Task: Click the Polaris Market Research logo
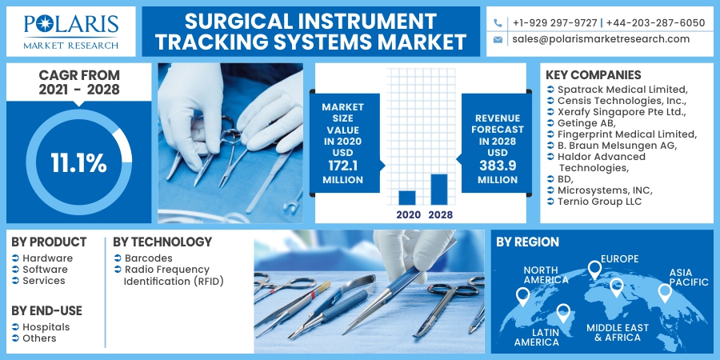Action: pyautogui.click(x=71, y=31)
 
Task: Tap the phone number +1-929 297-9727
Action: pyautogui.click(x=554, y=22)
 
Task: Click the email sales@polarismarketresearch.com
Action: pyautogui.click(x=601, y=39)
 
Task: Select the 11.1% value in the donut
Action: pyautogui.click(x=78, y=163)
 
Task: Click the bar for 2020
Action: pyautogui.click(x=407, y=197)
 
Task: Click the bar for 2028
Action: pyautogui.click(x=438, y=189)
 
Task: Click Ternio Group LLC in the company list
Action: pyautogui.click(x=600, y=202)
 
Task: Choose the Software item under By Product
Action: pyautogui.click(x=45, y=270)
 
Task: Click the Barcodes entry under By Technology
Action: pyautogui.click(x=148, y=258)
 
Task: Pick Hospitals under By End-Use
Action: pyautogui.click(x=46, y=327)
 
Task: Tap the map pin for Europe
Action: pyautogui.click(x=594, y=270)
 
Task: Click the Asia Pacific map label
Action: pyautogui.click(x=689, y=277)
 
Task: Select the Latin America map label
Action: pyautogui.click(x=537, y=337)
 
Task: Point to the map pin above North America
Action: pyautogui.click(x=523, y=297)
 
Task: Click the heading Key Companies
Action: pyautogui.click(x=594, y=75)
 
